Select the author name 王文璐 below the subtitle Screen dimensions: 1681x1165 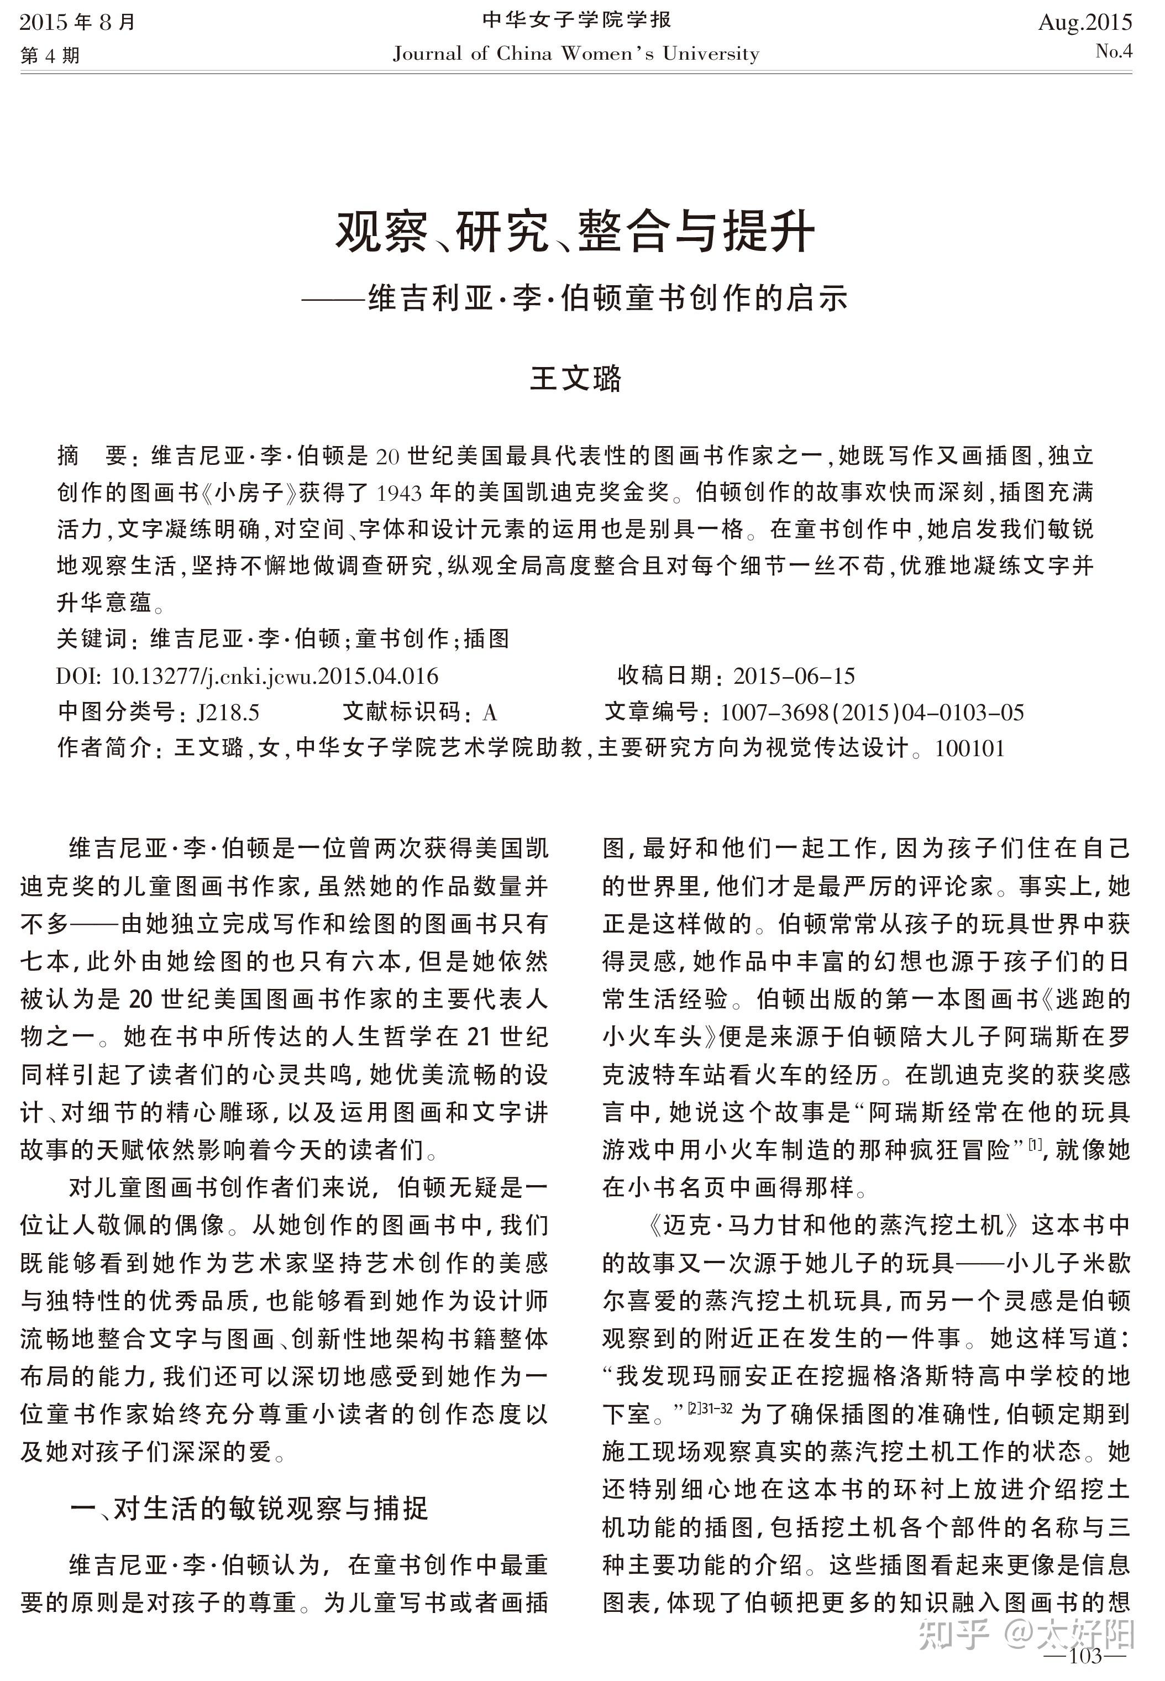(575, 379)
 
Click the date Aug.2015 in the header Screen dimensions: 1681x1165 (1085, 23)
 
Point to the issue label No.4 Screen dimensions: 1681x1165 (1113, 51)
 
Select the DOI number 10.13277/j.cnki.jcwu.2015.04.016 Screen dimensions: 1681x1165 (275, 676)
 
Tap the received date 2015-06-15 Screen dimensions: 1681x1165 (794, 676)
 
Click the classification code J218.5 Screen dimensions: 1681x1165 (228, 713)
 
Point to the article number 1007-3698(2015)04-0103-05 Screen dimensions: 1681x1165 (872, 713)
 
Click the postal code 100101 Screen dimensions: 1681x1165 (969, 748)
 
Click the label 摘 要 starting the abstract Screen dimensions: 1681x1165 (93, 456)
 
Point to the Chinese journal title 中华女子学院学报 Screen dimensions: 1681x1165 (576, 20)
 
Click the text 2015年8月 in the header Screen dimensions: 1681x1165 (78, 23)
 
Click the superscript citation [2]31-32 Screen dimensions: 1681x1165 (710, 1408)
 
